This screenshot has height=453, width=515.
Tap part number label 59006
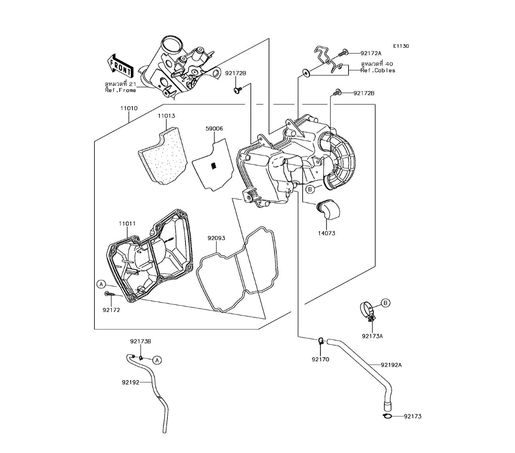click(x=214, y=128)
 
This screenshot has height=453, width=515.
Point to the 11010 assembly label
click(x=129, y=109)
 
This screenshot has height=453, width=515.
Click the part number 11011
click(x=127, y=223)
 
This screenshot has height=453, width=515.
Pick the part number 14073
click(x=327, y=233)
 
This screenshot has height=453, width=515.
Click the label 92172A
click(x=371, y=53)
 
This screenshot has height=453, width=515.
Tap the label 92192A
click(x=391, y=365)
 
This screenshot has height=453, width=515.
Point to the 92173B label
click(x=140, y=341)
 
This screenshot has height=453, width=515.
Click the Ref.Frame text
click(x=121, y=90)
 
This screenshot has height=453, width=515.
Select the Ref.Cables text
click(x=378, y=71)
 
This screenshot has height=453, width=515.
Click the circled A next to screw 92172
click(x=101, y=284)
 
